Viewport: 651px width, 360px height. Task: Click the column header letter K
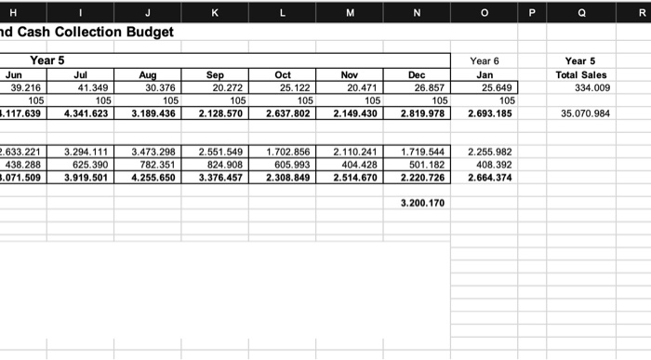pyautogui.click(x=216, y=11)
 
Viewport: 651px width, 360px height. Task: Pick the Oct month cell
pyautogui.click(x=283, y=74)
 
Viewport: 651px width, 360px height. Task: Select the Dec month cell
pyautogui.click(x=417, y=74)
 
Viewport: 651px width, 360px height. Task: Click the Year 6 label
pyautogui.click(x=484, y=61)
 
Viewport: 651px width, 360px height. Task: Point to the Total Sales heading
pyautogui.click(x=581, y=74)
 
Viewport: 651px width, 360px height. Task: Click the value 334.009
pyautogui.click(x=591, y=87)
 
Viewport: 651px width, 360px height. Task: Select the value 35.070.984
pyautogui.click(x=586, y=113)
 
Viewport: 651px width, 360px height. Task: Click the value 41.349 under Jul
pyautogui.click(x=91, y=87)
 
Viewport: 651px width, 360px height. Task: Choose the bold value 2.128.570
pyautogui.click(x=219, y=113)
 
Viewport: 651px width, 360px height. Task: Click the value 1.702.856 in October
pyautogui.click(x=288, y=151)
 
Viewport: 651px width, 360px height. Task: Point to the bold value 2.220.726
pyautogui.click(x=422, y=177)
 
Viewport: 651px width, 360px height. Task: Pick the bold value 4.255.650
pyautogui.click(x=153, y=177)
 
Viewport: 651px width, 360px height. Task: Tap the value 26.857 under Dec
pyautogui.click(x=429, y=87)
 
